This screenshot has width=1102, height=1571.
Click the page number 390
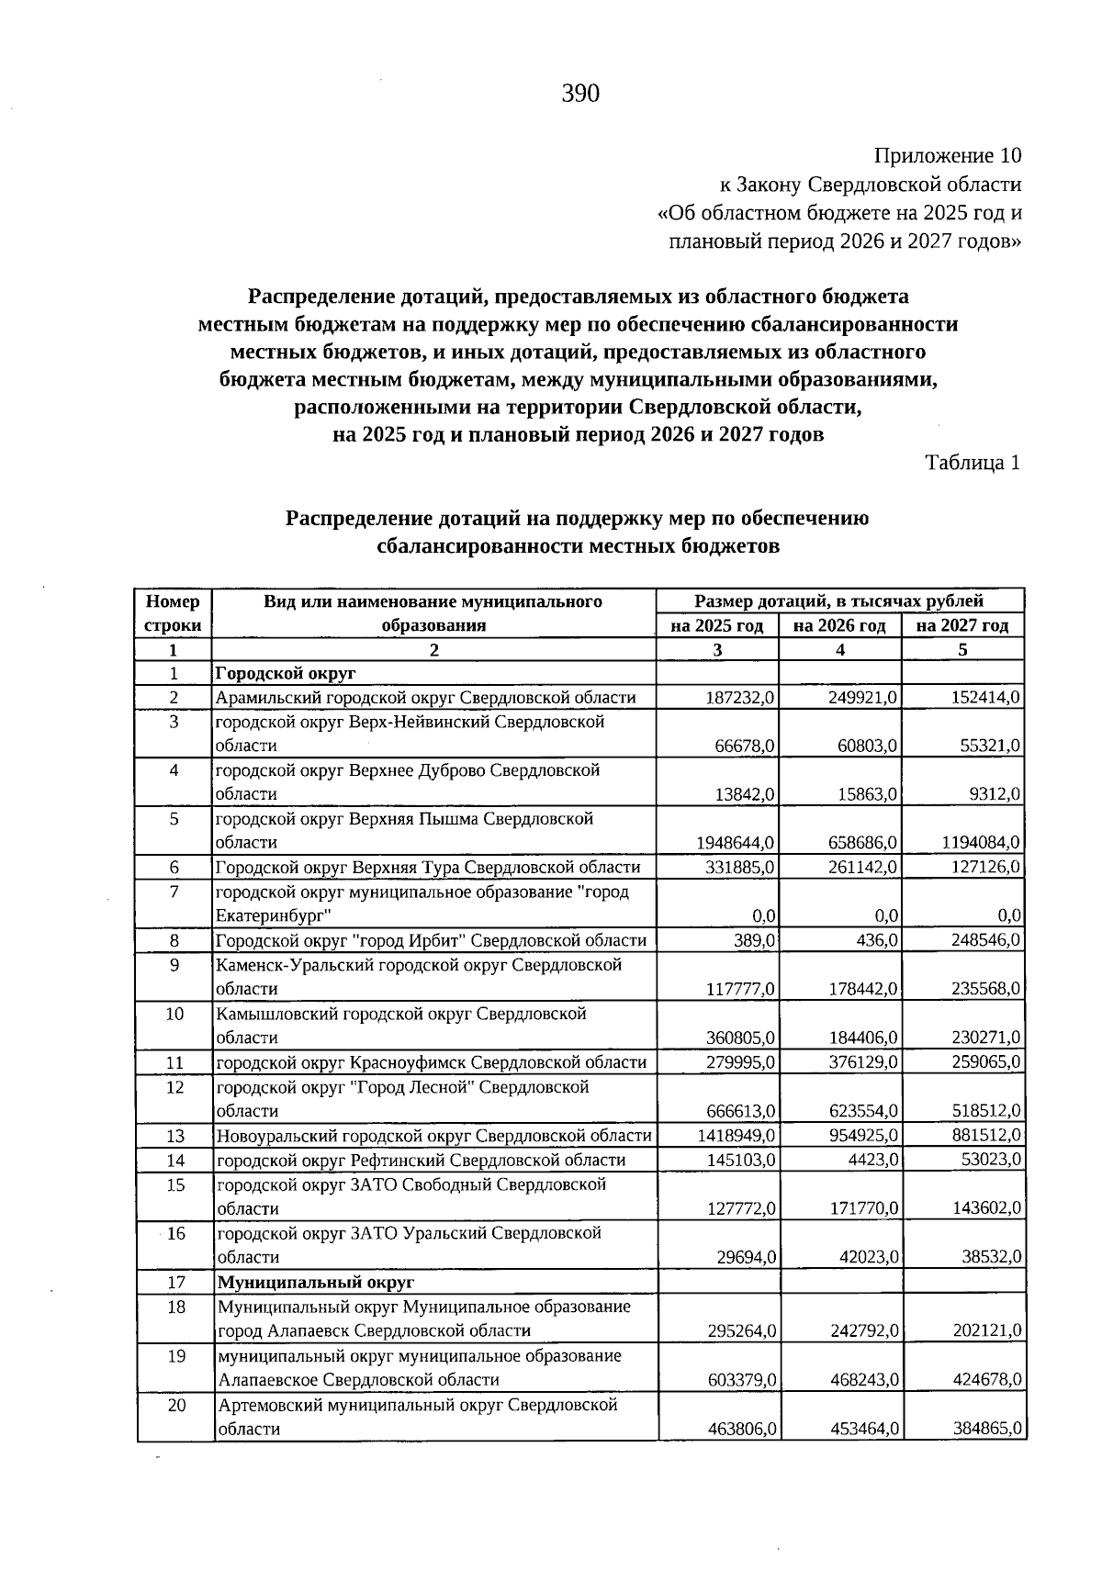pos(580,94)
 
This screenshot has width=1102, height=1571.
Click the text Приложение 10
pos(948,155)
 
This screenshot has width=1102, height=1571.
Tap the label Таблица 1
pos(973,463)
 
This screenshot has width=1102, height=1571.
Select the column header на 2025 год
pos(717,626)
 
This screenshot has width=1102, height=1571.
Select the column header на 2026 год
pos(839,626)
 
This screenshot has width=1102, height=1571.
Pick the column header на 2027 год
pos(962,626)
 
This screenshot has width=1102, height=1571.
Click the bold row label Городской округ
pos(286,674)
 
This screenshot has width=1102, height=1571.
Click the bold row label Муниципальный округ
pos(316,1282)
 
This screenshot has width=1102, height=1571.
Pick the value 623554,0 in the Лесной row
pos(863,1111)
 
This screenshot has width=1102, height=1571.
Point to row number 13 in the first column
pos(175,1136)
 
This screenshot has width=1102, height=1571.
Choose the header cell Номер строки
pos(174,613)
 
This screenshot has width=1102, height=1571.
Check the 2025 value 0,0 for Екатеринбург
pos(764,915)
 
